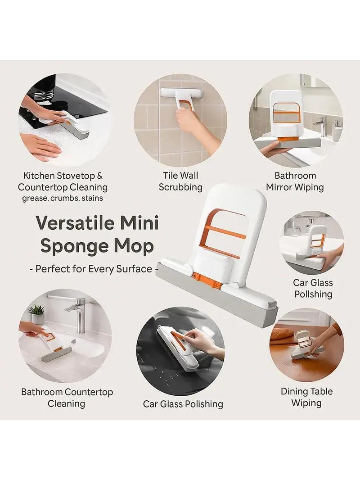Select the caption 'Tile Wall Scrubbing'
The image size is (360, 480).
click(180, 181)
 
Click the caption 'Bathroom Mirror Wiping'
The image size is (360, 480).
click(295, 181)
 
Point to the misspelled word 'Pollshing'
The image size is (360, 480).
click(313, 294)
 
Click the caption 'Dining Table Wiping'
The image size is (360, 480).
click(306, 397)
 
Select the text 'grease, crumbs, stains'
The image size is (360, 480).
click(63, 199)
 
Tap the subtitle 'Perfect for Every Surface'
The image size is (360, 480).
click(94, 269)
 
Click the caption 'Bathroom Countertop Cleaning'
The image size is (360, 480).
click(67, 398)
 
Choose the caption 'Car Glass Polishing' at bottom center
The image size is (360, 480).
click(183, 404)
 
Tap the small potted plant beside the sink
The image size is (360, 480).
click(37, 314)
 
